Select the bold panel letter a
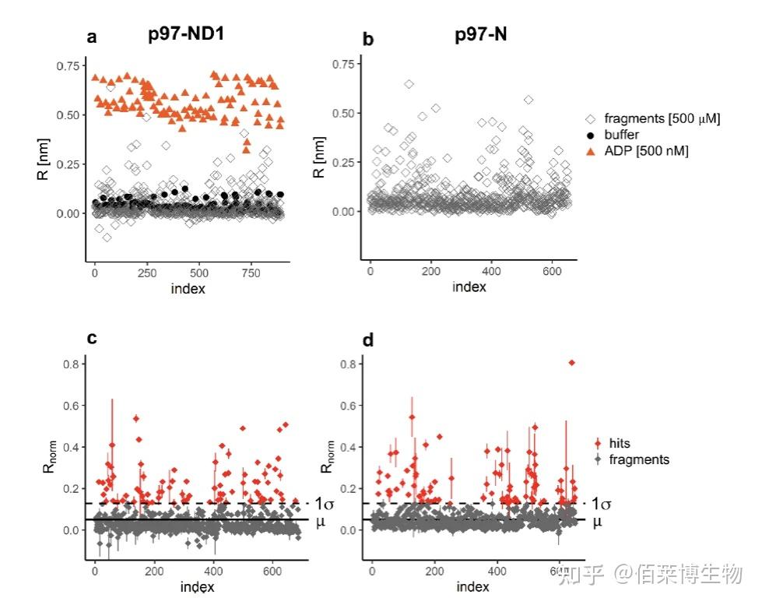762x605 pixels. click(92, 37)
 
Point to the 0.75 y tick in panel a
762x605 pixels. click(68, 65)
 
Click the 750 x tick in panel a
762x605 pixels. click(250, 275)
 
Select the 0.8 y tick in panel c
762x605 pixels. click(74, 364)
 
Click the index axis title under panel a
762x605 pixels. click(188, 289)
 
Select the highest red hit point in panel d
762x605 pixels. click(572, 362)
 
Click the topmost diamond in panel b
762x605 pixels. click(409, 84)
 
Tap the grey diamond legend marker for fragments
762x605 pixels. click(597, 459)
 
